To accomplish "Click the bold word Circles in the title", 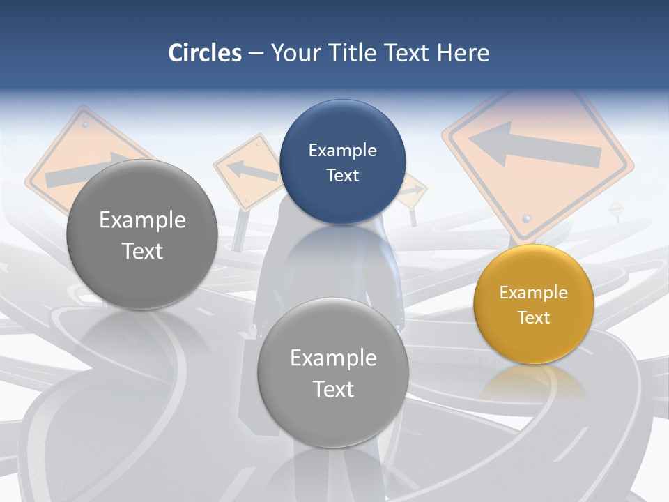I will coord(204,53).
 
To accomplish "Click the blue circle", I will coord(342,162).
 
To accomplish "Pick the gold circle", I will coord(533,304).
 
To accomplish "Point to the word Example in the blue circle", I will coord(342,150).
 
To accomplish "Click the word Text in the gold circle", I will coord(534,317).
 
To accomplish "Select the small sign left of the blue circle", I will coord(248,170).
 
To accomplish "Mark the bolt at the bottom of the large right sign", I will coord(527,218).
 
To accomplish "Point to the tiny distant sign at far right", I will coord(615,209).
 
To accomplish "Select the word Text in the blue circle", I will coord(342,175).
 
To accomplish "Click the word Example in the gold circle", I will coord(533,292).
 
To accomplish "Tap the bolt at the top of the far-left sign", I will coord(85,124).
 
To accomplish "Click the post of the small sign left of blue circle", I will coord(238,230).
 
